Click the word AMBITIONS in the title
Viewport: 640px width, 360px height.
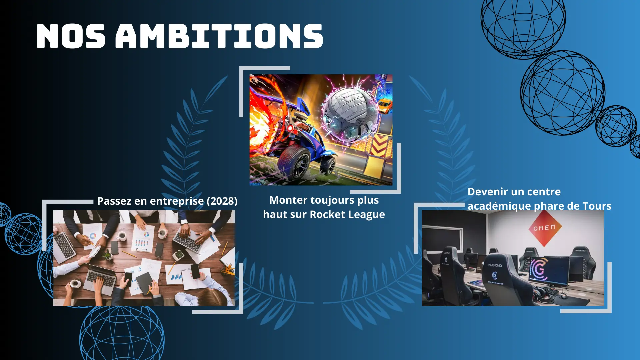click(219, 36)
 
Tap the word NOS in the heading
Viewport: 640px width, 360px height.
click(71, 36)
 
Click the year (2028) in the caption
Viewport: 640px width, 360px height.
click(222, 201)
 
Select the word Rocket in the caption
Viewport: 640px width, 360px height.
click(328, 214)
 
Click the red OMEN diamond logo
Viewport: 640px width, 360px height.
click(544, 228)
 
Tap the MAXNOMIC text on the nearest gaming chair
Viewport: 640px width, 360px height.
click(495, 265)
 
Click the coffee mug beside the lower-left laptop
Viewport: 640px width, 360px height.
click(75, 283)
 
